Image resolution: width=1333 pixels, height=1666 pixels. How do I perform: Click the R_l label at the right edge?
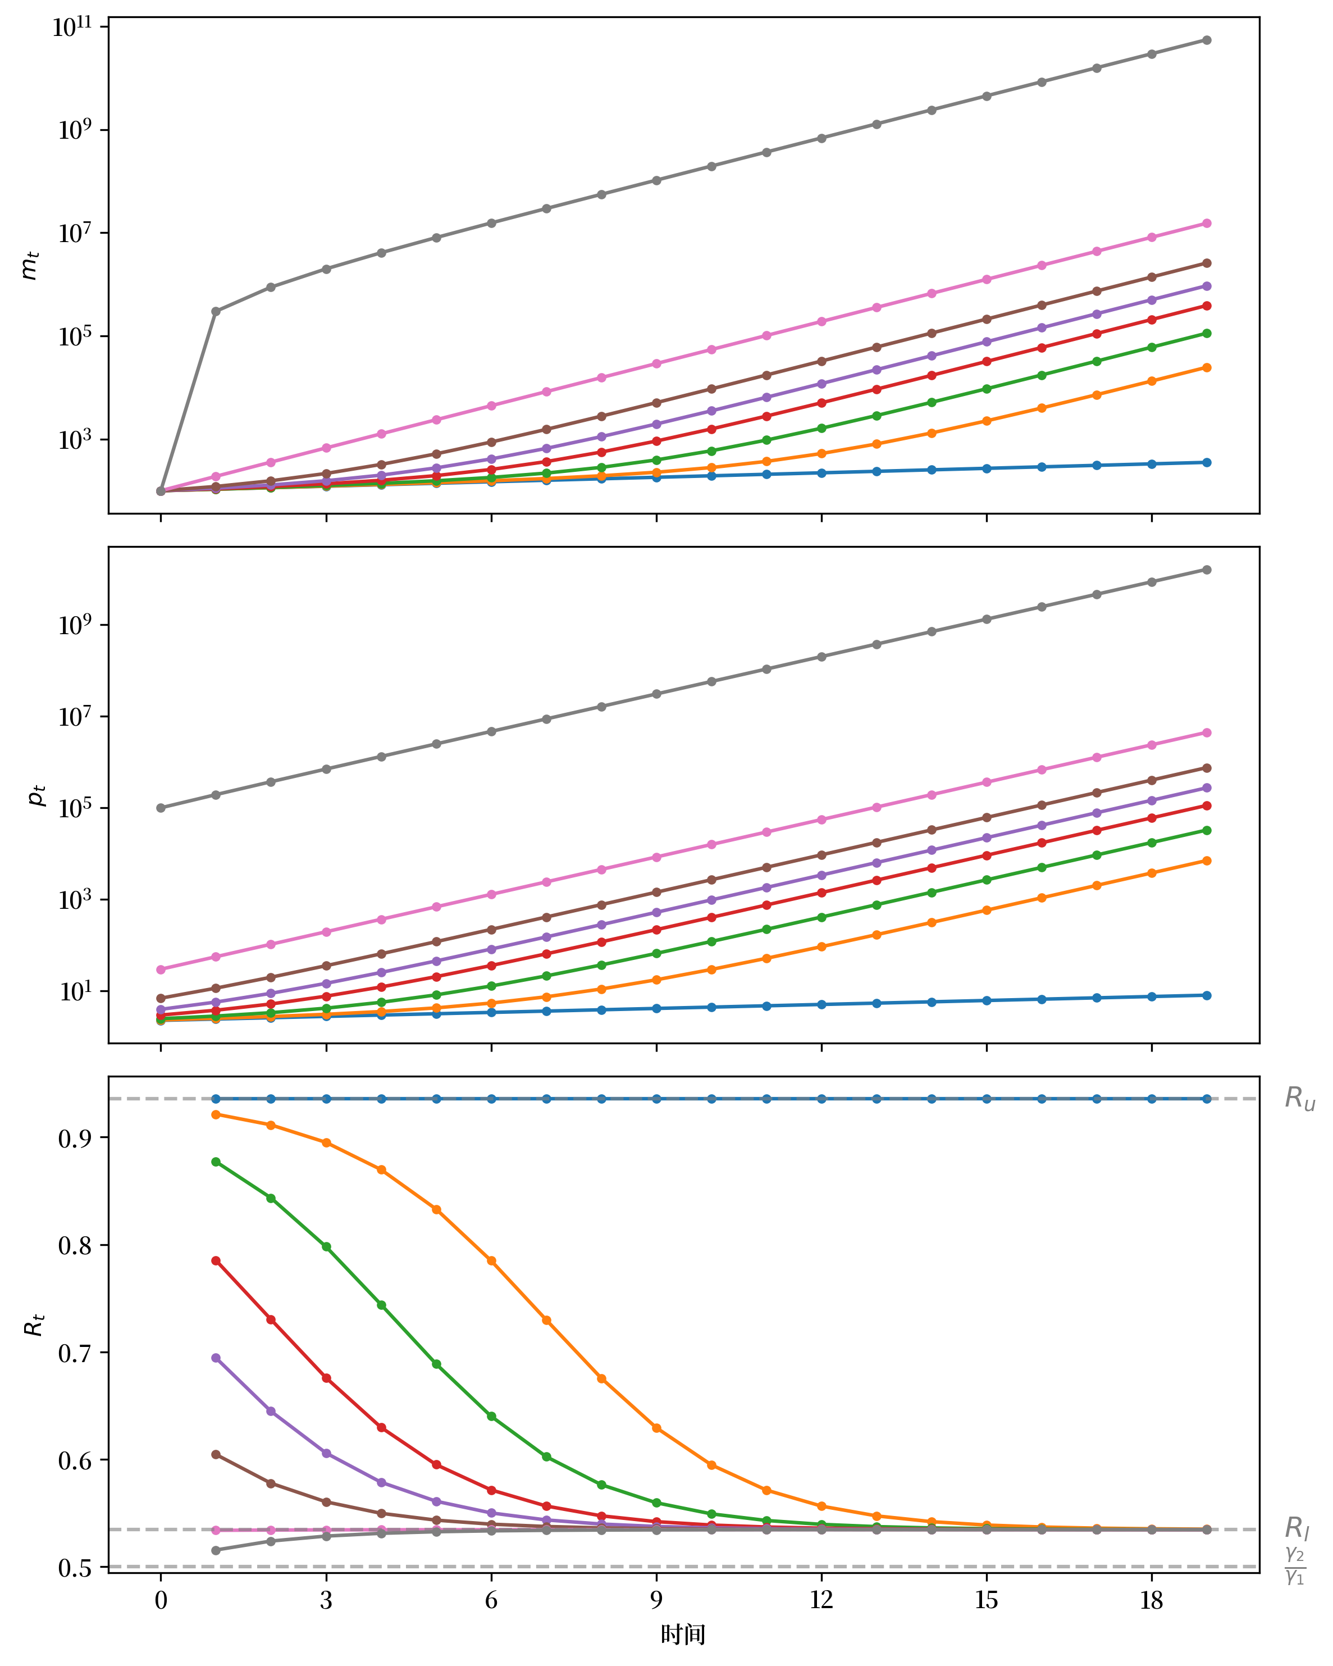coord(1297,1528)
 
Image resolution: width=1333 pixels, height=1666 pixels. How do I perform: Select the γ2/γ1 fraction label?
coord(1295,1565)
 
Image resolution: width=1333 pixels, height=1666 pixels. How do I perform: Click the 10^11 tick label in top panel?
coord(72,28)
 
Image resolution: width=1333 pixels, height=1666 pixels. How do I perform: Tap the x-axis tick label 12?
coord(821,1600)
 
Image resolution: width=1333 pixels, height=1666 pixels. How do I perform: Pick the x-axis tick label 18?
coord(1151,1600)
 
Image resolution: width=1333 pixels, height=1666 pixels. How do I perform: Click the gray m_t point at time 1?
coord(216,311)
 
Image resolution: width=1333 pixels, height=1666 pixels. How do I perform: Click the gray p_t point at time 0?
coord(161,808)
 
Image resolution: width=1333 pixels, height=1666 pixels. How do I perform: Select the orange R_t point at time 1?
coord(216,1114)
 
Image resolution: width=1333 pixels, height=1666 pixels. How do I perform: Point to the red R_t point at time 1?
coord(216,1260)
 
